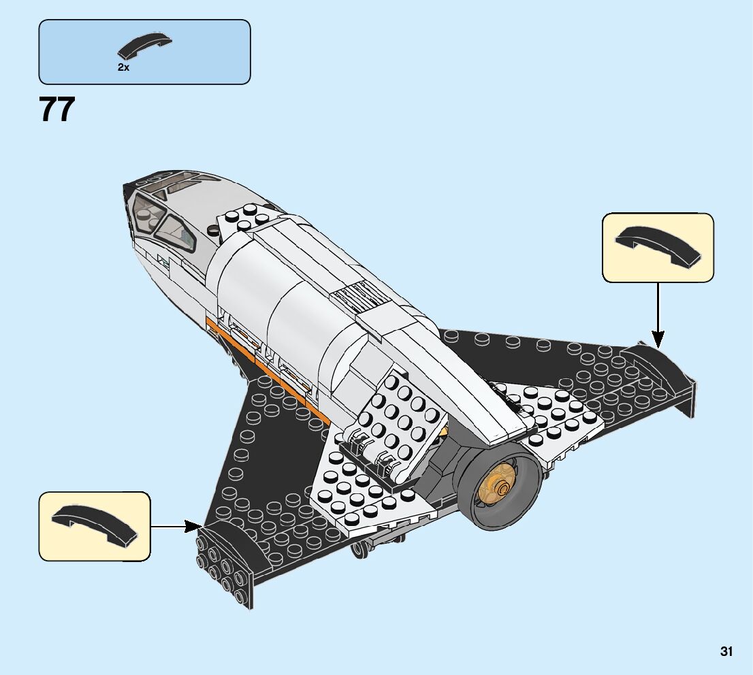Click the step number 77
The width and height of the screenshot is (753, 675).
[57, 110]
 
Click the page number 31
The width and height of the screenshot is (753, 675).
[726, 651]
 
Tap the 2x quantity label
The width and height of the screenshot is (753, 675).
[123, 67]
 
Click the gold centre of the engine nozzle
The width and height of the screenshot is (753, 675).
[502, 487]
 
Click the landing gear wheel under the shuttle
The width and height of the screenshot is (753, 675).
[361, 548]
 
